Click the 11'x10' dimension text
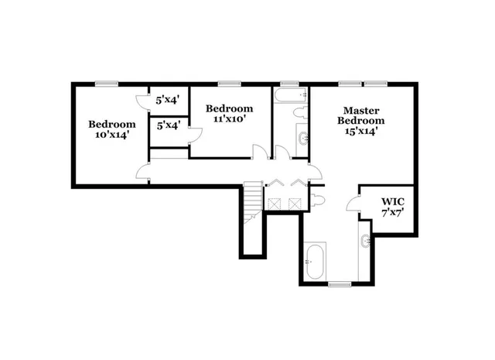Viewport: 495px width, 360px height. [x=229, y=119]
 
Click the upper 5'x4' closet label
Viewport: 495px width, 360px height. [x=168, y=100]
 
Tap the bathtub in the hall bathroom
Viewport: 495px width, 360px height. [x=290, y=98]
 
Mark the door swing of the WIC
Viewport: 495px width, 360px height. [x=352, y=204]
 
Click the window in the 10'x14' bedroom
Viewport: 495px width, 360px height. [x=107, y=84]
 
